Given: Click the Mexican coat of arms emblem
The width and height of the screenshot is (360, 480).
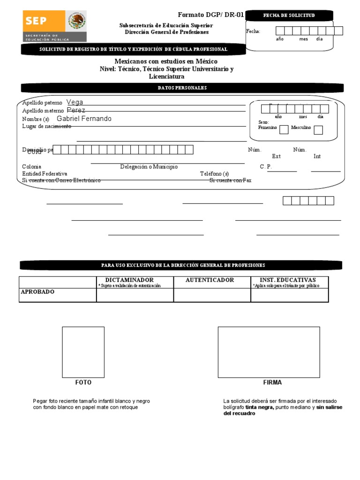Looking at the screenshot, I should pos(76,22).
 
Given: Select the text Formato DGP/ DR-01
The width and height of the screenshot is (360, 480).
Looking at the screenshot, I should pos(210,15).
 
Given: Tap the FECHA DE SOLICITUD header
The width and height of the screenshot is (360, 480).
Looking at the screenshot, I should pos(289,15).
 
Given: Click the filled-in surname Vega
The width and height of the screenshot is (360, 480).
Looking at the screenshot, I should pos(75,102).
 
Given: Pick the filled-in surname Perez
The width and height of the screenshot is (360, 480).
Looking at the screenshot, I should pos(76,110).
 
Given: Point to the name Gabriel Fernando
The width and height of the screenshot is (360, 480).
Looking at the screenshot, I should pos(84,119).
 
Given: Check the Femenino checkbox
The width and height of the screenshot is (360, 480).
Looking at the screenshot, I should pos(284,130).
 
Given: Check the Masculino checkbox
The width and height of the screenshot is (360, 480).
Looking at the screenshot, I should pos(318,130).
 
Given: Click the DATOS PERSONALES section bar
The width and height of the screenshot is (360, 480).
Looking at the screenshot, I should pos(182,88).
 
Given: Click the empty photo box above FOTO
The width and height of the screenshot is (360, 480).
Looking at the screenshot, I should pos(83,352).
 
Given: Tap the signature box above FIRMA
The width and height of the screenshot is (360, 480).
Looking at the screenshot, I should pos(269,352).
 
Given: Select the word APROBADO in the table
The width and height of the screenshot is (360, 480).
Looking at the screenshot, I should pos(37,292).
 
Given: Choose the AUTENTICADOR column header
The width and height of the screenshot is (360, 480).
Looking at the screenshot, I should pos(210,280).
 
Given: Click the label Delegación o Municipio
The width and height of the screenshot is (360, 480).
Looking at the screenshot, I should pos(149,167).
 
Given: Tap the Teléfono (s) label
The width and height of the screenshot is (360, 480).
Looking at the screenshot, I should pos(214,173).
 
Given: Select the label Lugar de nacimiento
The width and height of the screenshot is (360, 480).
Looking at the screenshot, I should pos(46,126).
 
